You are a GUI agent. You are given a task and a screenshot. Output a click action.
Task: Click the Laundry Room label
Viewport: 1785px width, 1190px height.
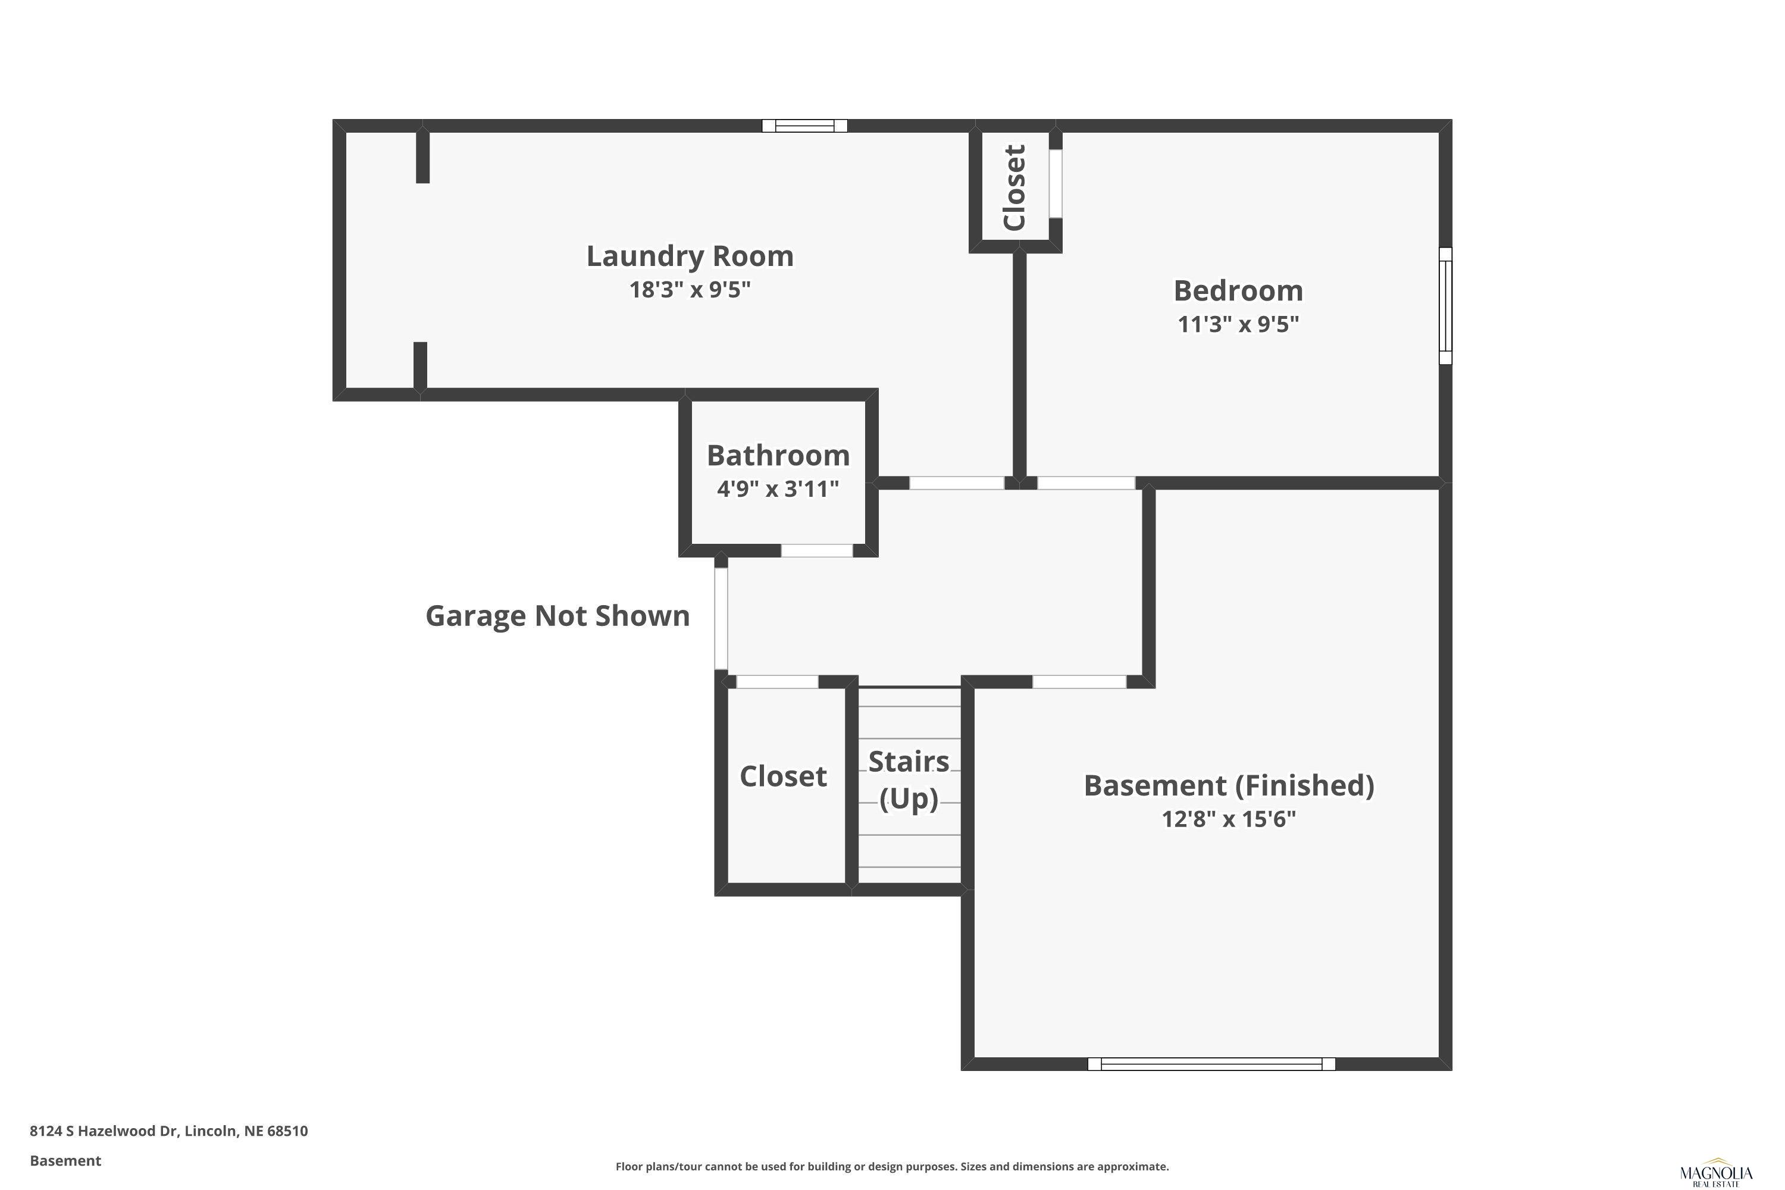[690, 256]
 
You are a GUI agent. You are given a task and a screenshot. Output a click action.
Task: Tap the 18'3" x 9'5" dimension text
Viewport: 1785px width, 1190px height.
[690, 289]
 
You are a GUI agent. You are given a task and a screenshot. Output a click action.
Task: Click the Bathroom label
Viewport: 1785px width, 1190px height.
[778, 455]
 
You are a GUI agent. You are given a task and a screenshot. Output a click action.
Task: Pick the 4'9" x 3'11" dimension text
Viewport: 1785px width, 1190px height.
[778, 488]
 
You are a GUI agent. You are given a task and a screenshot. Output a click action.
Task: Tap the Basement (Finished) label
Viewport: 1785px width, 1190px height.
[1229, 785]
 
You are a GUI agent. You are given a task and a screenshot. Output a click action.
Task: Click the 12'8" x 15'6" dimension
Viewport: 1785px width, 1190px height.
[1229, 819]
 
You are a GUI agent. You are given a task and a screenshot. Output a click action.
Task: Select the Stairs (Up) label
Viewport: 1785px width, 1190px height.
[909, 779]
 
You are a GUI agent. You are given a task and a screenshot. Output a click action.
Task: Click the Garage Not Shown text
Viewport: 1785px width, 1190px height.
[558, 615]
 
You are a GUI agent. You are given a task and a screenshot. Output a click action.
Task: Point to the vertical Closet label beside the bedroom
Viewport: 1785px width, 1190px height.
[1014, 187]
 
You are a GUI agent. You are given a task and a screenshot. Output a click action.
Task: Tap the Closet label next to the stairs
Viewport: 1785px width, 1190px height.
[783, 776]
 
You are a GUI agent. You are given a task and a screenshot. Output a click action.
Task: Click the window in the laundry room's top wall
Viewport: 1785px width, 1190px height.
[804, 126]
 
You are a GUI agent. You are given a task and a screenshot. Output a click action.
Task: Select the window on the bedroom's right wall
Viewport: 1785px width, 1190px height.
[1446, 306]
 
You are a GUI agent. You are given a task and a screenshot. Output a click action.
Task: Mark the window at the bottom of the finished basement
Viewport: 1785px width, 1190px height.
[1211, 1064]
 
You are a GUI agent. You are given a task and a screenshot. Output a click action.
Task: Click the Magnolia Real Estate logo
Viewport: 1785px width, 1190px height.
[1716, 1175]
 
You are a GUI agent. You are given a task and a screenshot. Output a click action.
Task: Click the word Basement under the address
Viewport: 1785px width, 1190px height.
[65, 1160]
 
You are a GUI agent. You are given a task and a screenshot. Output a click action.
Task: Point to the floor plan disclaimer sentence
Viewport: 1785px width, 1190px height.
[892, 1166]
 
